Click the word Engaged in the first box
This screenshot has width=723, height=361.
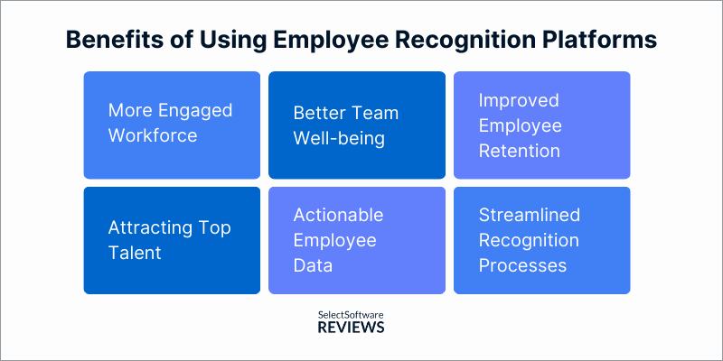pyautogui.click(x=193, y=111)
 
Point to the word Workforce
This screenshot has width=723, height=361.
pyautogui.click(x=153, y=135)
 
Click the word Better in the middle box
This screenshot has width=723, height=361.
pyautogui.click(x=319, y=114)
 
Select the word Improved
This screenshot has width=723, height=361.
pyautogui.click(x=519, y=100)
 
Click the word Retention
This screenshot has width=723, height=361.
pyautogui.click(x=520, y=150)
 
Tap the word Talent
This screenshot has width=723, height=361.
pyautogui.click(x=135, y=253)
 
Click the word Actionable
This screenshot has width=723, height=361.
pyautogui.click(x=338, y=215)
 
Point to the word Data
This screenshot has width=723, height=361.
pyautogui.click(x=314, y=265)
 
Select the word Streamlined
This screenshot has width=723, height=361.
pyautogui.click(x=530, y=216)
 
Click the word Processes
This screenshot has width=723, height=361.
pyautogui.click(x=522, y=265)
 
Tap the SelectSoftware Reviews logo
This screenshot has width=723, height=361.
pyautogui.click(x=352, y=322)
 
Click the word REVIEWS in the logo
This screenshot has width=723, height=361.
pyautogui.click(x=352, y=329)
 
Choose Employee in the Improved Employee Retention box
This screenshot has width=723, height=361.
pyautogui.click(x=521, y=125)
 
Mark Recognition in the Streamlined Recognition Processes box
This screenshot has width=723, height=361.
pyautogui.click(x=529, y=241)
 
